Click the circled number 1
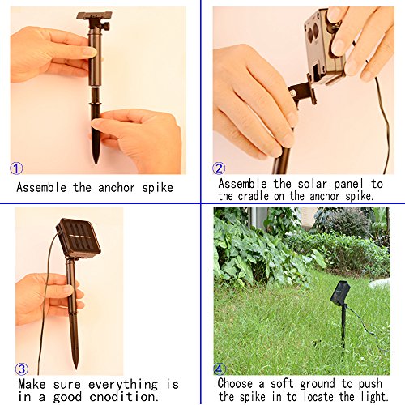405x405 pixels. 16,168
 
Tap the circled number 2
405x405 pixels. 219,168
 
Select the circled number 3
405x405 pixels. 22,369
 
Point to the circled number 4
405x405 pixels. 220,369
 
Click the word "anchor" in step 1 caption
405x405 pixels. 117,188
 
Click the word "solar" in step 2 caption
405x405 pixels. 313,184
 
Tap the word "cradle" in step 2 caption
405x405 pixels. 254,196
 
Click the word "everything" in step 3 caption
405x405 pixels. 123,385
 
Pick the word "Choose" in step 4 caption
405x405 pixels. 235,383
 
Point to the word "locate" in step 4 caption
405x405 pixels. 319,397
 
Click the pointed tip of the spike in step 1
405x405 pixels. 96,163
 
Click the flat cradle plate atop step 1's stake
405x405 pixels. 94,15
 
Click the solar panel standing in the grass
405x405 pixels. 340,292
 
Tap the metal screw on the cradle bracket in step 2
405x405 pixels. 293,93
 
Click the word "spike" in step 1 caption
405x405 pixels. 158,188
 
